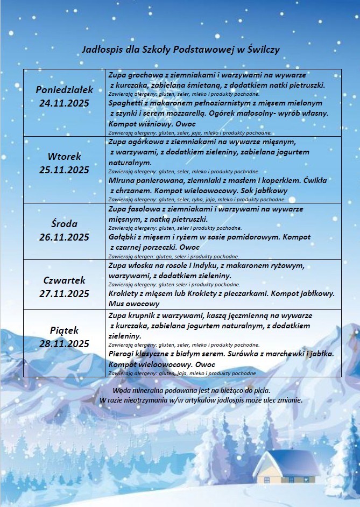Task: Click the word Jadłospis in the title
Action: click(x=101, y=49)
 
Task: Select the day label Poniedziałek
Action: click(x=65, y=89)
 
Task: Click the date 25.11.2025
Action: click(x=65, y=170)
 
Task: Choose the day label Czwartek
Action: click(x=65, y=280)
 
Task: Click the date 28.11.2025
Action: click(x=65, y=343)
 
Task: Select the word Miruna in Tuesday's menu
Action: click(x=122, y=180)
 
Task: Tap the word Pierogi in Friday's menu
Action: click(x=123, y=354)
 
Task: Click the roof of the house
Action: click(x=287, y=460)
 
